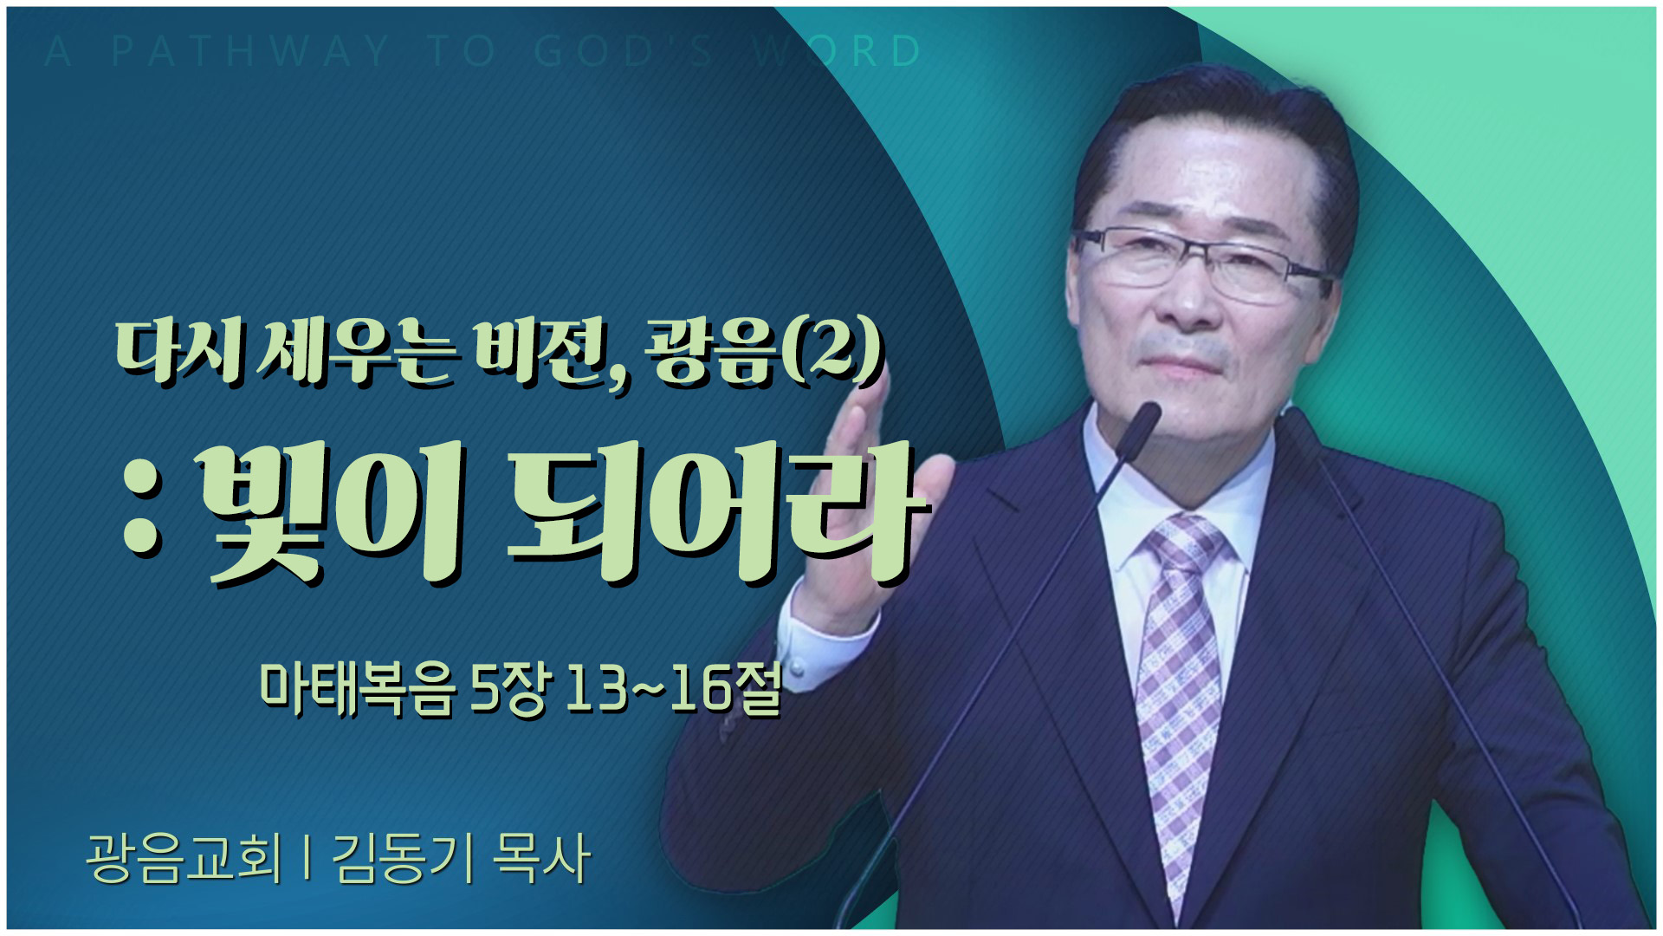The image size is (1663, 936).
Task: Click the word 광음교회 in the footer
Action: [x=184, y=858]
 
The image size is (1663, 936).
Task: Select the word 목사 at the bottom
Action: [x=540, y=858]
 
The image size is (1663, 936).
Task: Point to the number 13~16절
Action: [x=674, y=690]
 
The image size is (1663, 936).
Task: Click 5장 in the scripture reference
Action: [x=509, y=690]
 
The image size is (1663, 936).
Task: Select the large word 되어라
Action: [x=715, y=513]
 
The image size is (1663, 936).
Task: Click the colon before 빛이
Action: [x=143, y=515]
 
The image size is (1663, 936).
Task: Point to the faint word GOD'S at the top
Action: [x=623, y=51]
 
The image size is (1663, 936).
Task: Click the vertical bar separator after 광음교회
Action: [x=307, y=858]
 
